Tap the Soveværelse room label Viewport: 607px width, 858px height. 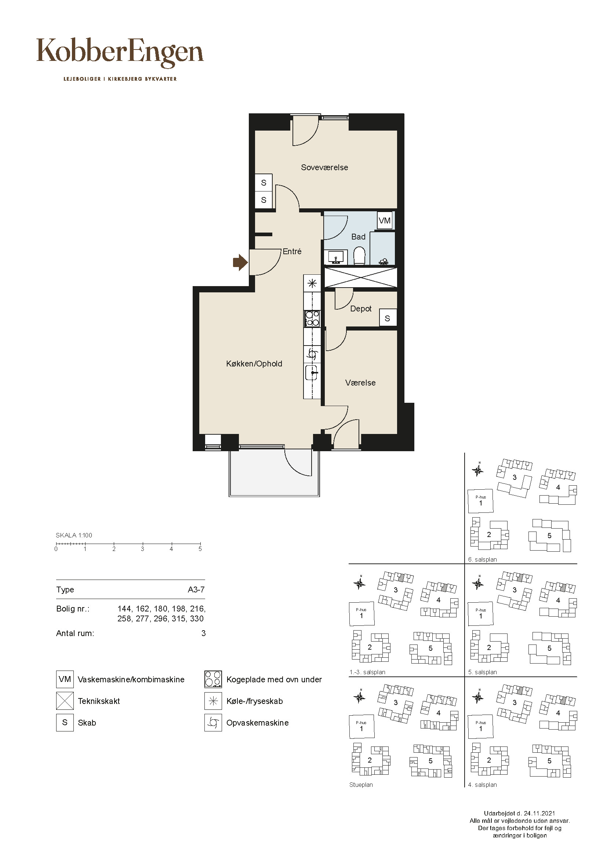click(324, 167)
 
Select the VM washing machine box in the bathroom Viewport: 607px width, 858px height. click(385, 220)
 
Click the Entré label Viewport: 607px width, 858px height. click(292, 252)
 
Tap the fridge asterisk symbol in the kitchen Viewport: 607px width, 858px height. click(312, 283)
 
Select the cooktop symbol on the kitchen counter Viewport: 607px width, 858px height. click(312, 319)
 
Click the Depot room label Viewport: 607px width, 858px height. click(361, 308)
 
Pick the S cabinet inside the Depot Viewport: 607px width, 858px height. click(388, 318)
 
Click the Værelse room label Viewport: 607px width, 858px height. click(360, 383)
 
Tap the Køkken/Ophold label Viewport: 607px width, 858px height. click(254, 364)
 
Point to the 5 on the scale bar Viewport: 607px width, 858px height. click(200, 549)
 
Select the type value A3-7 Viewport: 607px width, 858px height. click(196, 590)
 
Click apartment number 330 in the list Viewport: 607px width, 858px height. click(197, 618)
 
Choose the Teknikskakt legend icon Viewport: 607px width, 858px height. click(65, 701)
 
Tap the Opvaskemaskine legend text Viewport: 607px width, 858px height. click(258, 723)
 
